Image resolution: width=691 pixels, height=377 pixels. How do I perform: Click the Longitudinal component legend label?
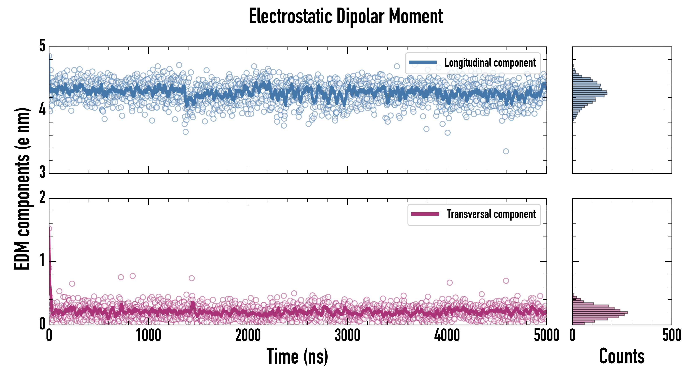[490, 63]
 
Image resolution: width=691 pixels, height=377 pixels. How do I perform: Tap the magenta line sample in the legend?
[425, 214]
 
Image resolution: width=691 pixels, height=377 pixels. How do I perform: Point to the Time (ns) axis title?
[297, 356]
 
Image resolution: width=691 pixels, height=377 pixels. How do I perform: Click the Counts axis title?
[622, 356]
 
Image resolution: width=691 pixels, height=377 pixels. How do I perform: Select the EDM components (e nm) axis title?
[22, 189]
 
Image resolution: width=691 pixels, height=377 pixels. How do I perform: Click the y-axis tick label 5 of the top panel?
[42, 46]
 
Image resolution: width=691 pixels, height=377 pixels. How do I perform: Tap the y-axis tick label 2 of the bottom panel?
[42, 198]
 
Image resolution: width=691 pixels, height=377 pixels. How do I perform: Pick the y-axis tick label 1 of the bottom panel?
[42, 261]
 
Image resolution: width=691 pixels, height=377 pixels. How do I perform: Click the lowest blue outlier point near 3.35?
[506, 151]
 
